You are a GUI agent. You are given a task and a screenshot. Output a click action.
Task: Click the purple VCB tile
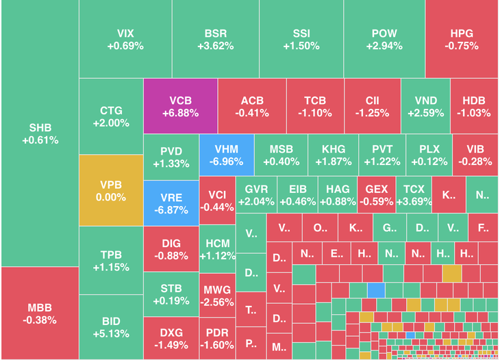click(180, 106)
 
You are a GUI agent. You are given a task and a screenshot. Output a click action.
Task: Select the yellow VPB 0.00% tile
click(111, 190)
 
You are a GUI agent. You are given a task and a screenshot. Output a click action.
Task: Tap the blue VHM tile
click(225, 156)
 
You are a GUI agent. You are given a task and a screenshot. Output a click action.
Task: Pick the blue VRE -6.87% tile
click(171, 203)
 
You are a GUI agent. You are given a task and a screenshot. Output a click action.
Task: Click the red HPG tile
click(462, 39)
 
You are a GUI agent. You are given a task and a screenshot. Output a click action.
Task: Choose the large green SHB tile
click(40, 133)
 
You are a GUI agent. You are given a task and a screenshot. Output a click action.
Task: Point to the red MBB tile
click(40, 313)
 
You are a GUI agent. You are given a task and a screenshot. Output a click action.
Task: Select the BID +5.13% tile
click(111, 327)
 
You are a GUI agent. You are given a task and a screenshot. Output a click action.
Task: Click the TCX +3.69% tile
click(414, 195)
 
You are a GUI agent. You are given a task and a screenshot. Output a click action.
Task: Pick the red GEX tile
click(377, 195)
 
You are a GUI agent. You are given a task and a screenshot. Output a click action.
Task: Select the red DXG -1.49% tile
click(171, 336)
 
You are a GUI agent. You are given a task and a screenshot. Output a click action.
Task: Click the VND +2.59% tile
click(425, 106)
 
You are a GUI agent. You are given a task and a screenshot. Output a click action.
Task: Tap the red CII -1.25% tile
click(372, 106)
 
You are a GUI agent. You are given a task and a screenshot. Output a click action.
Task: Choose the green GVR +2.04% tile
click(256, 195)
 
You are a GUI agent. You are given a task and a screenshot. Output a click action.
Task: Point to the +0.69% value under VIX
click(125, 47)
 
